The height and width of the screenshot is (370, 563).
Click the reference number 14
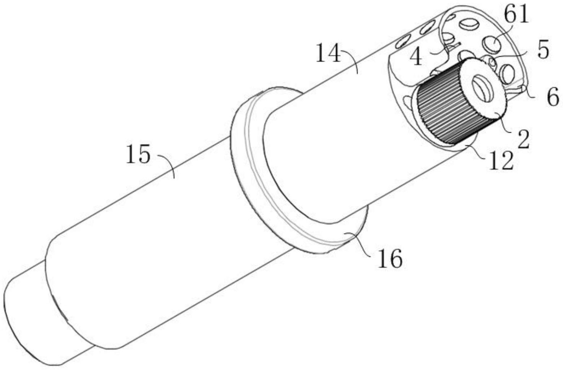coord(328,54)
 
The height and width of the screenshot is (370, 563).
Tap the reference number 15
coord(138,155)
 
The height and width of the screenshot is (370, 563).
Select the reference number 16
coord(390,259)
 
